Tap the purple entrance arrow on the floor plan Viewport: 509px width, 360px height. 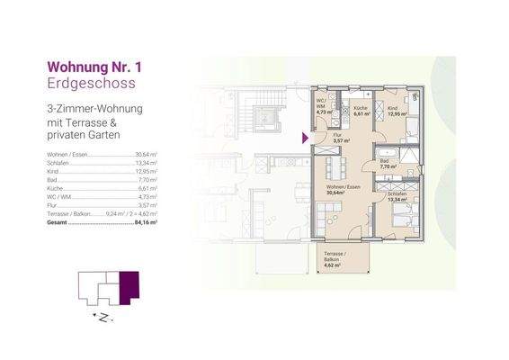[x=306, y=138]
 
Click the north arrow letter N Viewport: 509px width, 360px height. [x=105, y=318]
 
